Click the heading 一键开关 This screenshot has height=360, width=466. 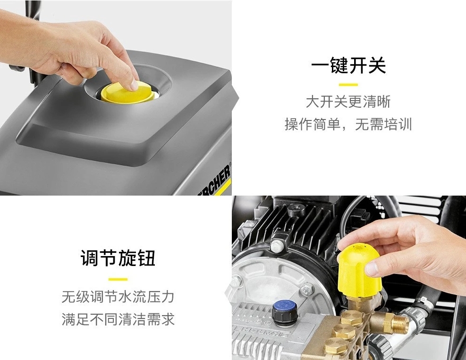click(x=348, y=65)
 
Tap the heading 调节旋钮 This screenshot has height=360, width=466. click(x=118, y=257)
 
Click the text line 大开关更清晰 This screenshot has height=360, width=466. click(x=348, y=102)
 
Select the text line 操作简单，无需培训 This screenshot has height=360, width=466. click(x=348, y=124)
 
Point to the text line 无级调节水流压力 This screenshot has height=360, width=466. click(x=118, y=296)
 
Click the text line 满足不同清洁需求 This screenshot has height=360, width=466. click(x=118, y=319)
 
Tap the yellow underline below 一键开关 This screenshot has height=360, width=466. click(x=348, y=85)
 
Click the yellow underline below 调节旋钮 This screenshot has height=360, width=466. click(x=118, y=279)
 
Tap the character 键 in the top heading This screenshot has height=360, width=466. click(x=339, y=65)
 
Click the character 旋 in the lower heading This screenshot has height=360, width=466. click(x=127, y=257)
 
